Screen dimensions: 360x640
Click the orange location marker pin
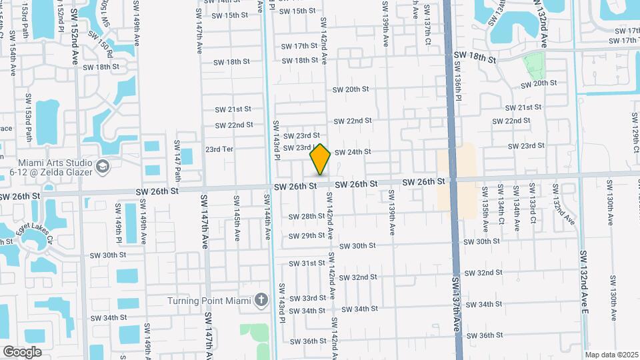click(320, 159)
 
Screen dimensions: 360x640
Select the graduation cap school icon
click(103, 165)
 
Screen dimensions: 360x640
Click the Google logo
click(22, 351)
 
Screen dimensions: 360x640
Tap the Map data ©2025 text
click(611, 355)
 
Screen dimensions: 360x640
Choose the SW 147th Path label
click(178, 161)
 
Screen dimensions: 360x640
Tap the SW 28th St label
click(307, 216)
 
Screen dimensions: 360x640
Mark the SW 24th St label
click(353, 152)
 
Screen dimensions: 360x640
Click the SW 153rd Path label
click(29, 117)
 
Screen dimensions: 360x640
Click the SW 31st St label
click(307, 263)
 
